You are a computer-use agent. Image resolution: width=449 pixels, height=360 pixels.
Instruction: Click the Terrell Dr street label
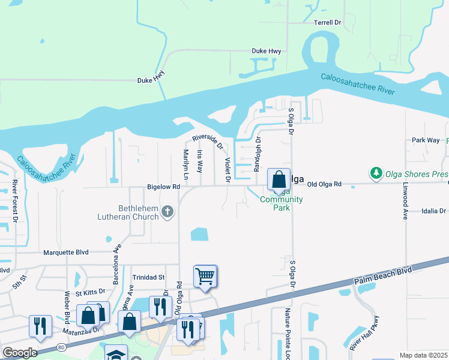328,22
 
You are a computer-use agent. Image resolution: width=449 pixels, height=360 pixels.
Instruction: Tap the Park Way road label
425,140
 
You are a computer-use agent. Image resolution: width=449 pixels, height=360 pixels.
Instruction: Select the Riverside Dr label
208,142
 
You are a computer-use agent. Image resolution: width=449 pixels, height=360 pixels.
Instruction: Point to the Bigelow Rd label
163,187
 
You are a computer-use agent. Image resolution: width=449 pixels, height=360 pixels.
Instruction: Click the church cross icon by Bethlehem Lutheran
167,211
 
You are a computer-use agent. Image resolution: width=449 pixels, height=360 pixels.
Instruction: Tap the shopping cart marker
205,277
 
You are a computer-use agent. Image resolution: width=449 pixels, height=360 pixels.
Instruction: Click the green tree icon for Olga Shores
376,174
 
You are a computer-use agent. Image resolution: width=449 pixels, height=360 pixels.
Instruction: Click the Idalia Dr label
435,211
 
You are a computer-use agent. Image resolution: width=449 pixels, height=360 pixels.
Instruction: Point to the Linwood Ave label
405,204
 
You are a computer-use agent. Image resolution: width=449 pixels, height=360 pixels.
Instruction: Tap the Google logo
20,353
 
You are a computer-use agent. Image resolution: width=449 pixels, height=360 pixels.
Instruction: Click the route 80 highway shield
61,347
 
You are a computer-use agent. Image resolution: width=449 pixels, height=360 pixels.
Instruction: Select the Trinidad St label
148,277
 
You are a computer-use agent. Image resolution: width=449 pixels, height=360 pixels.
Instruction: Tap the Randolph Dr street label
258,154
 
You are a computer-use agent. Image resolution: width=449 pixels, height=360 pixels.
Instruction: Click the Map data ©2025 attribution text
423,355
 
